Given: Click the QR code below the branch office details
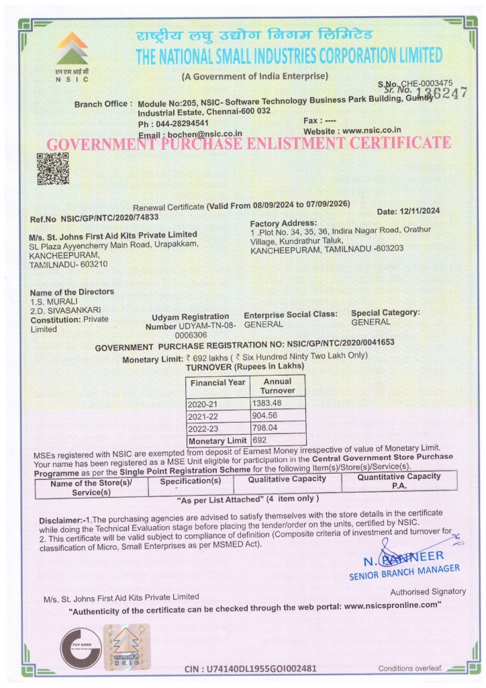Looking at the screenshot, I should point(52,169).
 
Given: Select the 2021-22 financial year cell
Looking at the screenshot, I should point(207,416).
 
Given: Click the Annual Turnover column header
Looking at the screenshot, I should point(277,386).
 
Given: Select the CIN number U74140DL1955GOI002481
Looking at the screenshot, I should point(260,669).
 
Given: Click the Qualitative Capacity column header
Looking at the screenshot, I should point(287,479).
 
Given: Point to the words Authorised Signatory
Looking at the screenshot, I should point(428,591).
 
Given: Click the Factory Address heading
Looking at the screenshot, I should point(283,223).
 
